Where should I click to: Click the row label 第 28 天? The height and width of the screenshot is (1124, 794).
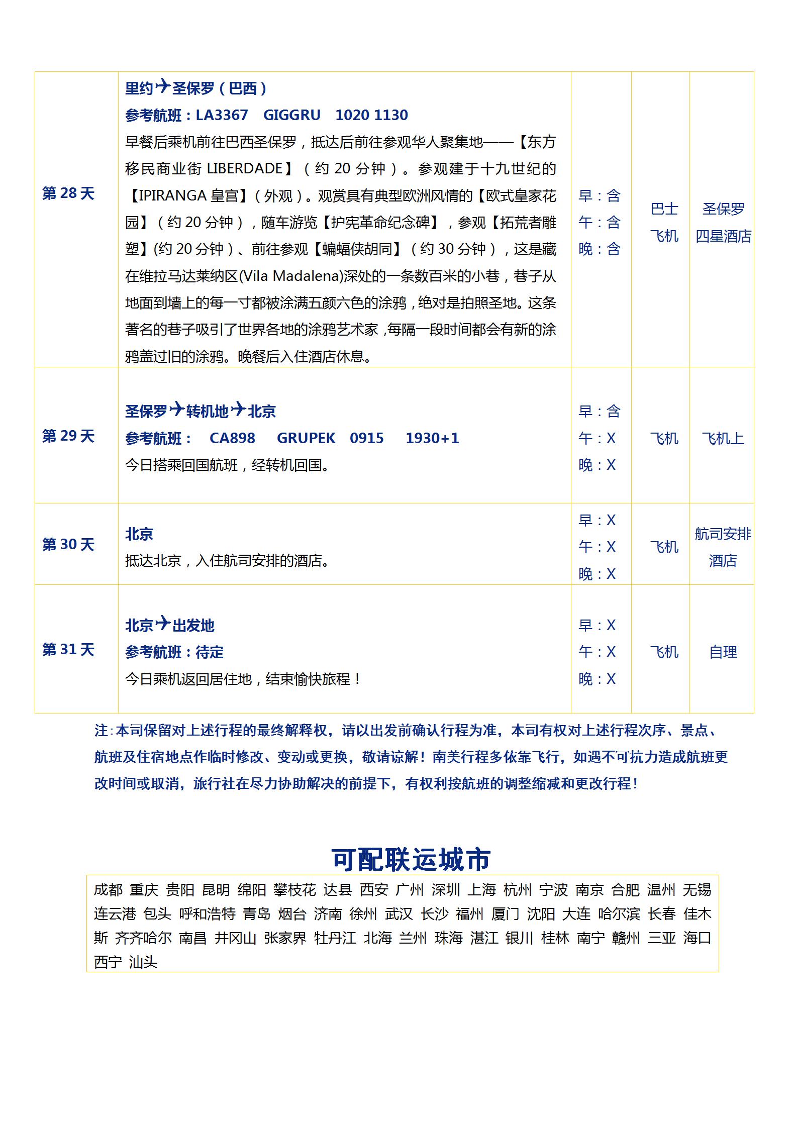pyautogui.click(x=68, y=193)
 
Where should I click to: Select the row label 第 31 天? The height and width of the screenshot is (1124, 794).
pyautogui.click(x=68, y=650)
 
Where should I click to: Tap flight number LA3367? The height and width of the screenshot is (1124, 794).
pyautogui.click(x=222, y=115)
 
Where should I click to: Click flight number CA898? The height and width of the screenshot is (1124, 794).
pyautogui.click(x=232, y=438)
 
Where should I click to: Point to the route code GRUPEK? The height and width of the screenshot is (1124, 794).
pyautogui.click(x=306, y=438)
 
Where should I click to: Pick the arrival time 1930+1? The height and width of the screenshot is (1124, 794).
pyautogui.click(x=432, y=438)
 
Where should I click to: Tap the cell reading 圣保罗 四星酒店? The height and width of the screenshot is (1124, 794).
pyautogui.click(x=723, y=222)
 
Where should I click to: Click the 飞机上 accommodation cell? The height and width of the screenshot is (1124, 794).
pyautogui.click(x=723, y=439)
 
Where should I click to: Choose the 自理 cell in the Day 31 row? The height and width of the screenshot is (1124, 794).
pyautogui.click(x=723, y=652)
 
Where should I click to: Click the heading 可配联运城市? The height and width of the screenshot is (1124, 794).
pyautogui.click(x=411, y=859)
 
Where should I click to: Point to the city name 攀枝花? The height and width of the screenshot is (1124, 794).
pyautogui.click(x=294, y=890)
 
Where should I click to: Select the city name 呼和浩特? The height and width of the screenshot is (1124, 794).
pyautogui.click(x=207, y=913)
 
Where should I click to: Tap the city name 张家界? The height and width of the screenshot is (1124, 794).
pyautogui.click(x=285, y=938)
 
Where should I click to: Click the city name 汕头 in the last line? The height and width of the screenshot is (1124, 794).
pyautogui.click(x=143, y=962)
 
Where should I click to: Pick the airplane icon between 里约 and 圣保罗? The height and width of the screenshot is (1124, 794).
pyautogui.click(x=163, y=87)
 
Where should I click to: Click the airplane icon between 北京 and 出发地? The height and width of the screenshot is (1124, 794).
pyautogui.click(x=163, y=624)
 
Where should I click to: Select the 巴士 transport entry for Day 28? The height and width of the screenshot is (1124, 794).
pyautogui.click(x=664, y=209)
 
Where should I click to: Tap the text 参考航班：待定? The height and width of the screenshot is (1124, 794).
pyautogui.click(x=174, y=652)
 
